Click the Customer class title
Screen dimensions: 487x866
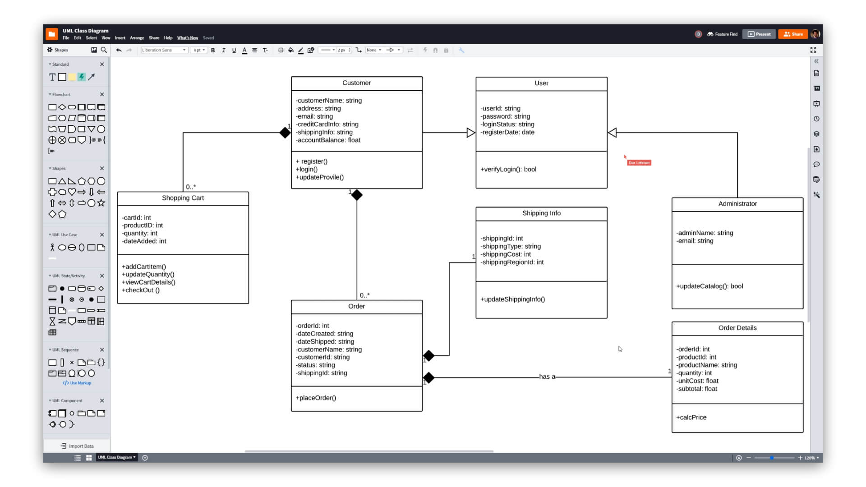[356, 83]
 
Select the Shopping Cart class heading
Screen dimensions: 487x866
[183, 198]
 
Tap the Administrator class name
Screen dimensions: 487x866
[737, 204]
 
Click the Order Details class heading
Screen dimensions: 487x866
[737, 328]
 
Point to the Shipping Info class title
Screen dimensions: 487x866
[541, 213]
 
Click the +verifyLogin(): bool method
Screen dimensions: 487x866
[508, 170]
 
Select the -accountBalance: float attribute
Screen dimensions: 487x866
[328, 140]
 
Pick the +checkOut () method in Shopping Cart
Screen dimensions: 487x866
[141, 290]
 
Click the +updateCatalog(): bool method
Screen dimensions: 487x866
[709, 286]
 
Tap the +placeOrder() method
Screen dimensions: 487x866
[316, 398]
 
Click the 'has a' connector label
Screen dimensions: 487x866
[547, 377]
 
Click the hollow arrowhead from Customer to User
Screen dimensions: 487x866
[470, 133]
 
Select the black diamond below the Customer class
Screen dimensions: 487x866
[357, 195]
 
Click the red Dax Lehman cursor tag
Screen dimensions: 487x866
[639, 163]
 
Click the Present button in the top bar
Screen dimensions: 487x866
[759, 34]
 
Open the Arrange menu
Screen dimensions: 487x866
[137, 38]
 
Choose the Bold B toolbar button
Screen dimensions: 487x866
[213, 51]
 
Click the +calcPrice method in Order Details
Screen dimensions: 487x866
[691, 418]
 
